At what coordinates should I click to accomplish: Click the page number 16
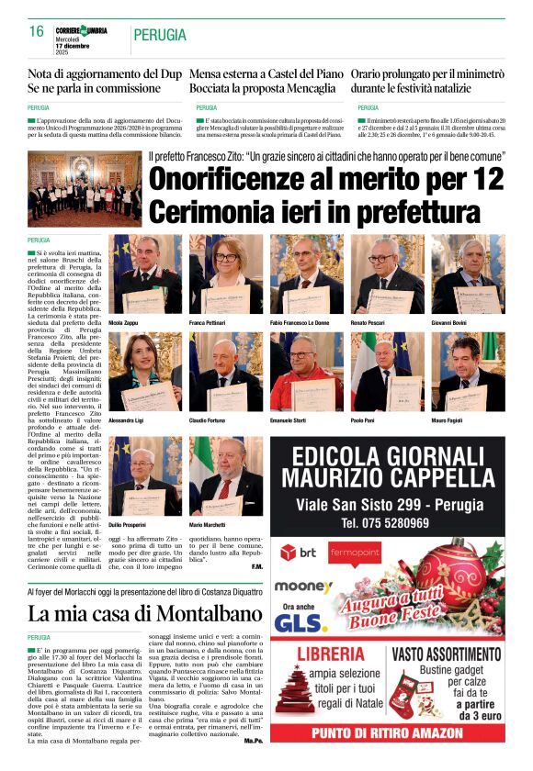(x=37, y=33)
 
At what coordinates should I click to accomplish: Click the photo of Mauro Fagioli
(x=468, y=371)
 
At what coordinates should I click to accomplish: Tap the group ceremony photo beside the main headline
(x=85, y=189)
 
